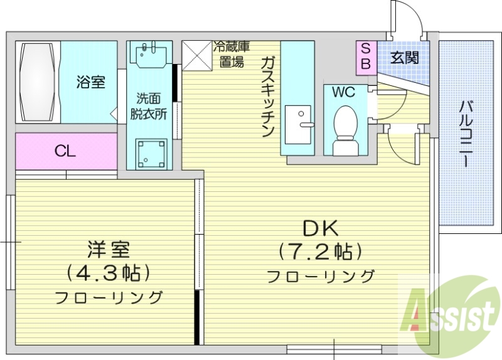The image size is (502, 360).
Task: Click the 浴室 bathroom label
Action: [x=90, y=82]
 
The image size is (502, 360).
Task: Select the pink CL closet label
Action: [x=65, y=151]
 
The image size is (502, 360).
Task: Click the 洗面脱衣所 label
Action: [x=149, y=107]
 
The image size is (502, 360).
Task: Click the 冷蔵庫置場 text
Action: [x=232, y=54]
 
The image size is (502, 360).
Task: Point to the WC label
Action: [x=343, y=93]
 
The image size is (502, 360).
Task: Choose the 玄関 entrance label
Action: [x=403, y=58]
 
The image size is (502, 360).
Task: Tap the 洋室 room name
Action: [x=108, y=249]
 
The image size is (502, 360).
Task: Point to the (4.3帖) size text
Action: [x=108, y=273]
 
